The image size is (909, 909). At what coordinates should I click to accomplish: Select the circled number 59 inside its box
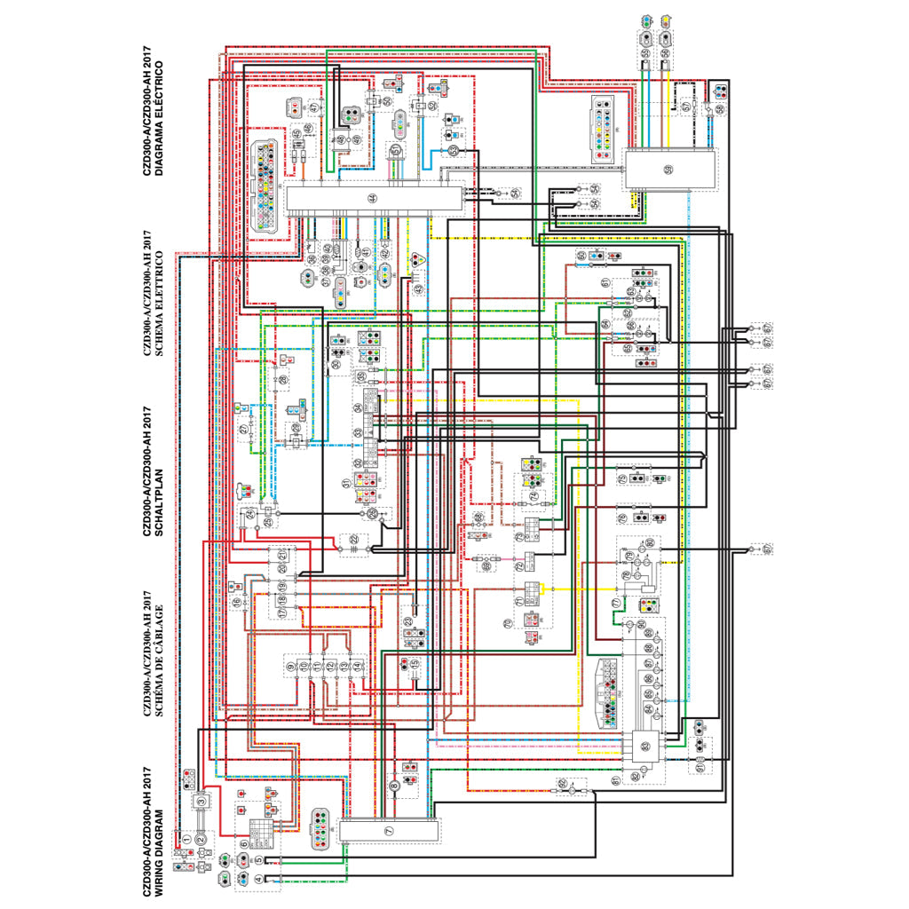coord(668,169)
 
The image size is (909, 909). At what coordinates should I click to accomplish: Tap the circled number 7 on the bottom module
coord(388,829)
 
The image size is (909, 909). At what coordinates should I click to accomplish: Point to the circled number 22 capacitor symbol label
coord(353,540)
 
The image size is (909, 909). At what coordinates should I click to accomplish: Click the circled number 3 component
coord(202,802)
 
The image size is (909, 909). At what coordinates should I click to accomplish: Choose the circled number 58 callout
coord(720,108)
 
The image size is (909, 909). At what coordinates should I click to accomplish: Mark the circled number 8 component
coord(394,785)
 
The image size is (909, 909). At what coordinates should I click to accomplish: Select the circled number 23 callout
coord(407,622)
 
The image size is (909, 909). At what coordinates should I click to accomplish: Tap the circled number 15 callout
coord(414,663)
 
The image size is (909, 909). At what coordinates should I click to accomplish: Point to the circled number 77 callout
coord(616,603)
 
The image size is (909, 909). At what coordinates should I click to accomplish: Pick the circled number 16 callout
coord(237,603)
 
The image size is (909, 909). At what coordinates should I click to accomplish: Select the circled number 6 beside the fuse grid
coord(243,843)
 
